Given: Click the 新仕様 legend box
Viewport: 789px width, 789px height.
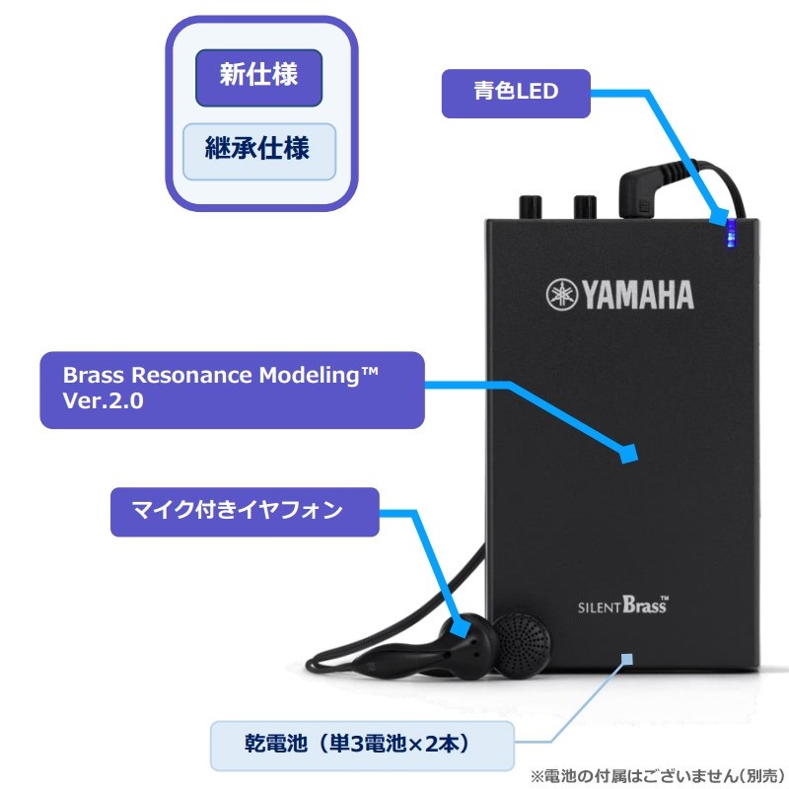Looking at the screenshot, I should [x=258, y=77].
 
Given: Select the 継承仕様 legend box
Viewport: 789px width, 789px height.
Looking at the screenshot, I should [x=258, y=151].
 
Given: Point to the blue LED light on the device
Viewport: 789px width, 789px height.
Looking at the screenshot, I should [x=731, y=235].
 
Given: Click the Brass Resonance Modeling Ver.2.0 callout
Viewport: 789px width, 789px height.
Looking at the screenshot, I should [x=232, y=390].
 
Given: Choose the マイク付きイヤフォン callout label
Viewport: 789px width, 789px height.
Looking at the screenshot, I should [x=244, y=510].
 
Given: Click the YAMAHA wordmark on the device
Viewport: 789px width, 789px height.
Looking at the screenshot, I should [x=635, y=294].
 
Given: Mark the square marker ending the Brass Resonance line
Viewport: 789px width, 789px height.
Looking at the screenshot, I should [x=627, y=454].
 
